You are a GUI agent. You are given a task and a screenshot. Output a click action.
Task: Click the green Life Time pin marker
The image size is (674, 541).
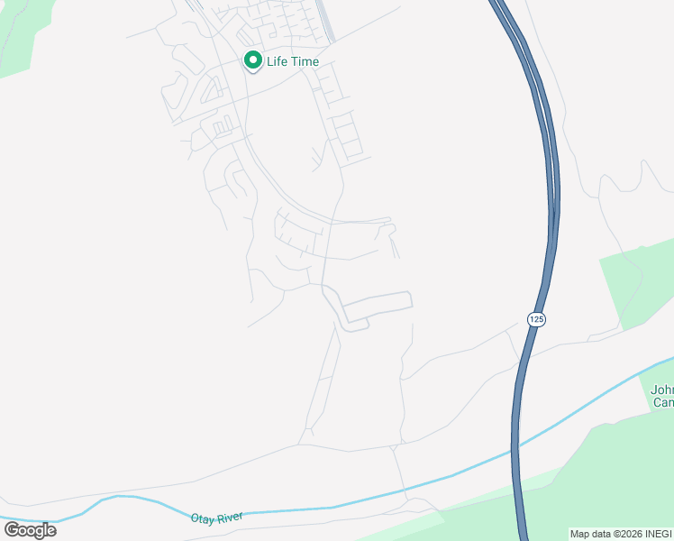[x=252, y=60]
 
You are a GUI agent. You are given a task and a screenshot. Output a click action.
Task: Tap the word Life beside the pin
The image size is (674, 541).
[x=279, y=61]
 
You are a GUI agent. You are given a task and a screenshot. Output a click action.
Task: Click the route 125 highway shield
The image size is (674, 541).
[x=536, y=319]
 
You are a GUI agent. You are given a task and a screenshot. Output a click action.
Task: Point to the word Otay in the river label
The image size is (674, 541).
[x=202, y=518]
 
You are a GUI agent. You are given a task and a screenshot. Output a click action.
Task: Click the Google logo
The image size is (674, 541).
[x=31, y=529]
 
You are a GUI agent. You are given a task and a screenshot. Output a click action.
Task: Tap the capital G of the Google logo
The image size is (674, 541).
[x=12, y=529]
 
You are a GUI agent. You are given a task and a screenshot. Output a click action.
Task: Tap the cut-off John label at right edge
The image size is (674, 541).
[x=662, y=390]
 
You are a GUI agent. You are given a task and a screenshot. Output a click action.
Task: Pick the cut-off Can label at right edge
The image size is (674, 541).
[x=662, y=402]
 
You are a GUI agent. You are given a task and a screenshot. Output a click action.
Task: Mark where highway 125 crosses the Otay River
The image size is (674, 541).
[x=516, y=448]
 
